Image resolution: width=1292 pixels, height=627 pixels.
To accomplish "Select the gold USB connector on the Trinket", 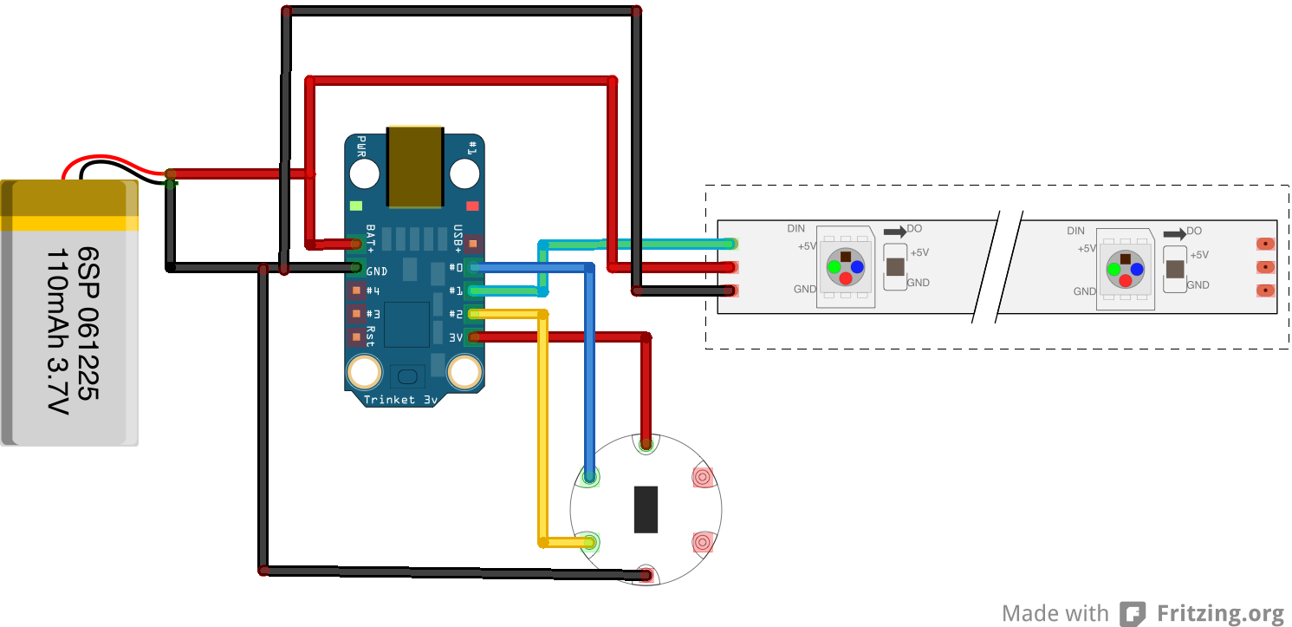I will point(415,167).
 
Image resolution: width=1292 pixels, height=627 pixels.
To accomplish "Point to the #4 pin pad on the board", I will point(355,291).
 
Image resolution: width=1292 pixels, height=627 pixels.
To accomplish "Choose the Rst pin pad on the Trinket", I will point(355,336).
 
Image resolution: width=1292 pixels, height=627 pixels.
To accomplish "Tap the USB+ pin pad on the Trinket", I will point(472,245).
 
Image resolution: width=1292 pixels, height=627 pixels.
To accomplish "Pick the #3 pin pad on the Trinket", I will point(355,314).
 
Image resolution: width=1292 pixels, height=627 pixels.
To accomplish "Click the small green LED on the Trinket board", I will point(355,206).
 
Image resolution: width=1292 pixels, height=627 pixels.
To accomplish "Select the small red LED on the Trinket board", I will point(472,206).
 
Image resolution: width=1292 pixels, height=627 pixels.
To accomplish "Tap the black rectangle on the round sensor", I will point(646,509).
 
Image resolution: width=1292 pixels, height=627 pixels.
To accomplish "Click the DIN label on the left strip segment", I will point(795,229).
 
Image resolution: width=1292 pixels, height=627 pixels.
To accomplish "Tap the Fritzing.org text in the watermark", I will point(1220,614).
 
